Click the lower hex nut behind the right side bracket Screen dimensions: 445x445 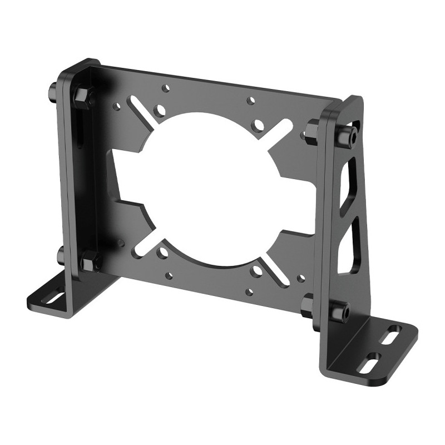pyautogui.click(x=307, y=304)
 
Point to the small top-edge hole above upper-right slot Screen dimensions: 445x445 pyautogui.click(x=251, y=101)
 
